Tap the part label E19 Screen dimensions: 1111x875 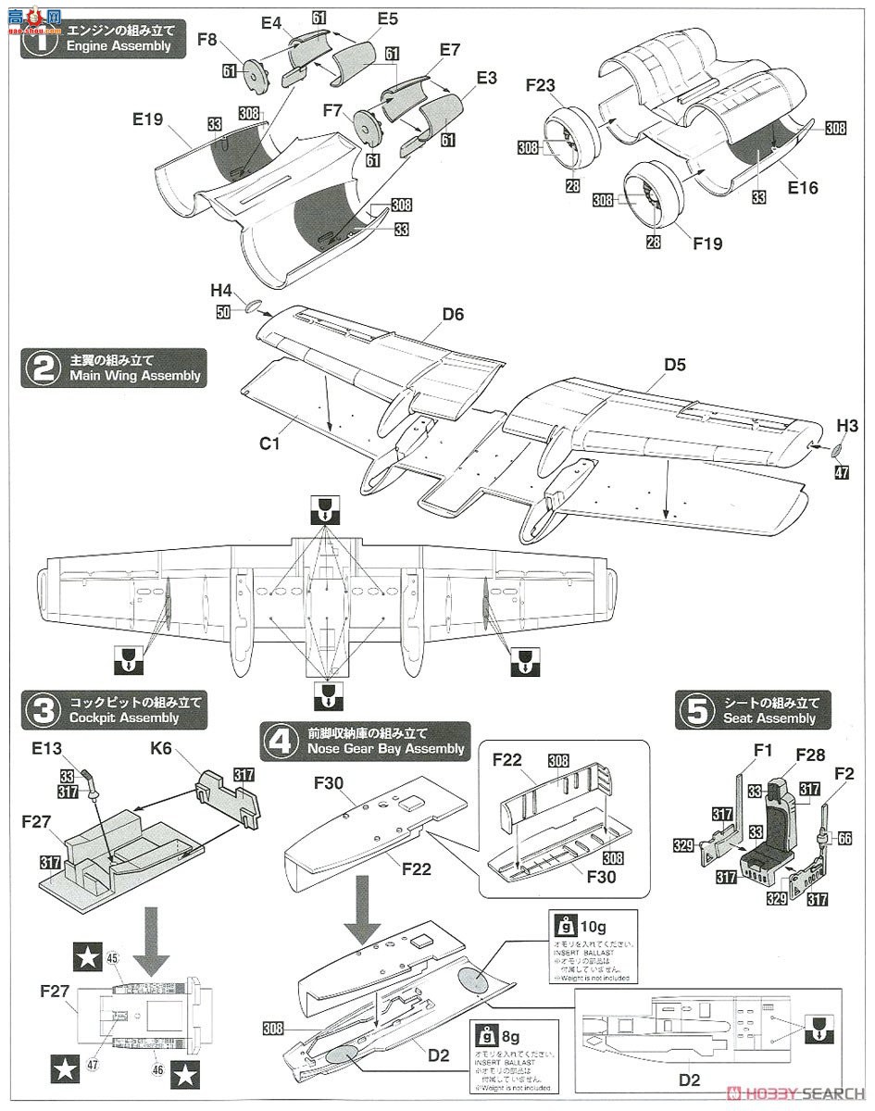click(149, 119)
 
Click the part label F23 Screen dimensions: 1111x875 click(539, 85)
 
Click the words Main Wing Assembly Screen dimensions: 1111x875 click(134, 376)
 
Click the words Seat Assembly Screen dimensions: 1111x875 click(769, 718)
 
